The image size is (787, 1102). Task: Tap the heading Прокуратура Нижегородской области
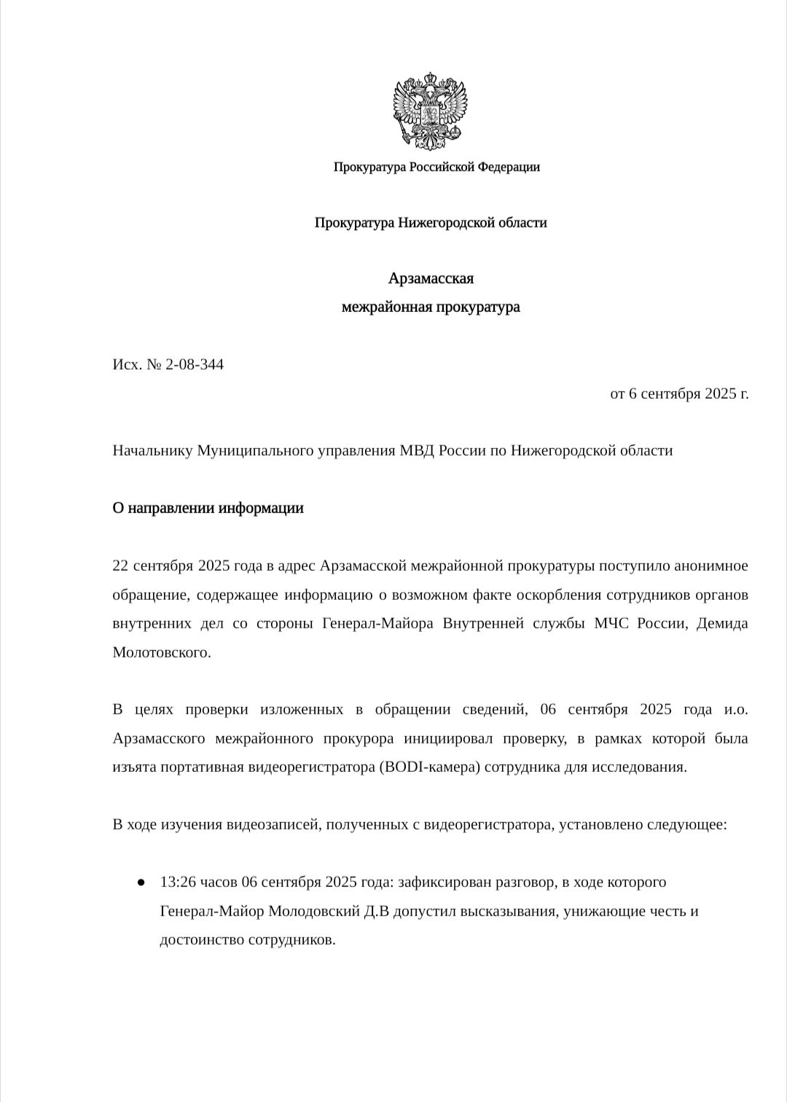pos(431,222)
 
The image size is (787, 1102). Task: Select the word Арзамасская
pos(431,278)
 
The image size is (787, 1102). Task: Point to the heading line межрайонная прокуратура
pos(431,307)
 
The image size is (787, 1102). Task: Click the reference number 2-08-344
pos(195,364)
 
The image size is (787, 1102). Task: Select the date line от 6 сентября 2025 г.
pos(679,394)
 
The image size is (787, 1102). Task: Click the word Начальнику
pos(152,450)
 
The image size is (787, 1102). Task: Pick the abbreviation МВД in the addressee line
pos(417,450)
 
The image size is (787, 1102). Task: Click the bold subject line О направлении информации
pos(208,508)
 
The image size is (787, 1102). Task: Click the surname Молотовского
pos(161,652)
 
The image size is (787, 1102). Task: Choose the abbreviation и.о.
pos(736,710)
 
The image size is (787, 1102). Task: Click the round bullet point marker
pos(140,883)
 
